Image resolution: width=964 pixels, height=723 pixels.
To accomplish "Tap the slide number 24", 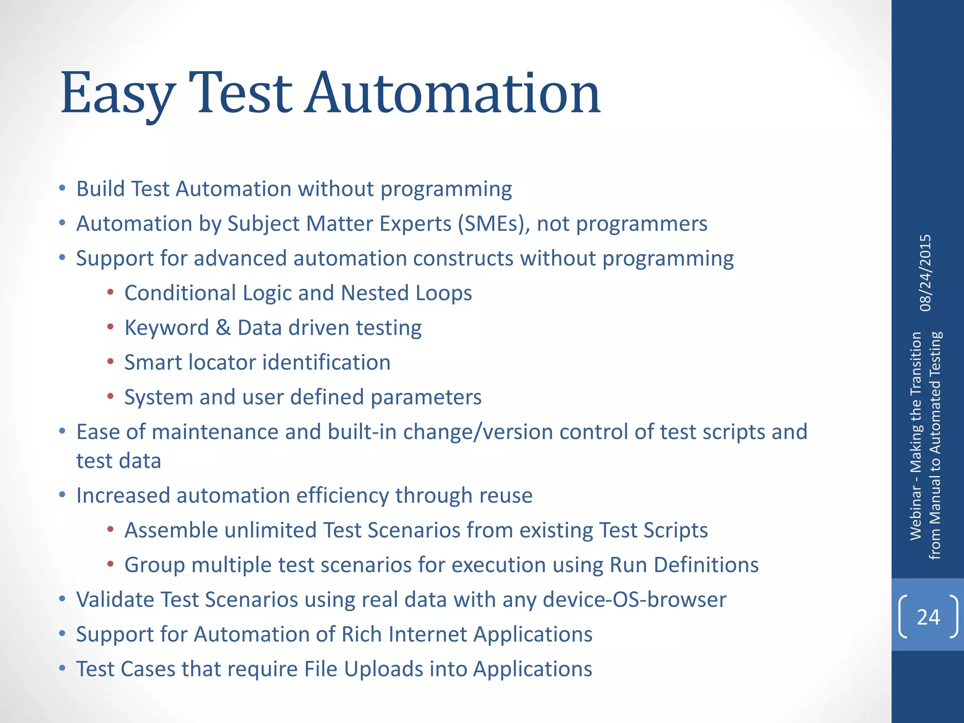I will pyautogui.click(x=928, y=617).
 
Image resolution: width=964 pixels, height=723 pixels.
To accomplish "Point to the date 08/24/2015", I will pyautogui.click(x=925, y=273).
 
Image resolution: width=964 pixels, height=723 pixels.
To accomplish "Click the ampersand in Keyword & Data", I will pyautogui.click(x=223, y=328).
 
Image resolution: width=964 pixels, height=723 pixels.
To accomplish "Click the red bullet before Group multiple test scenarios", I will pyautogui.click(x=110, y=564).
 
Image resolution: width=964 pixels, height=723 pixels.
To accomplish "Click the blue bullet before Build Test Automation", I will pyautogui.click(x=62, y=189).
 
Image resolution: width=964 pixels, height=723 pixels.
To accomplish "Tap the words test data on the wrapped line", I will pyautogui.click(x=119, y=461).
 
